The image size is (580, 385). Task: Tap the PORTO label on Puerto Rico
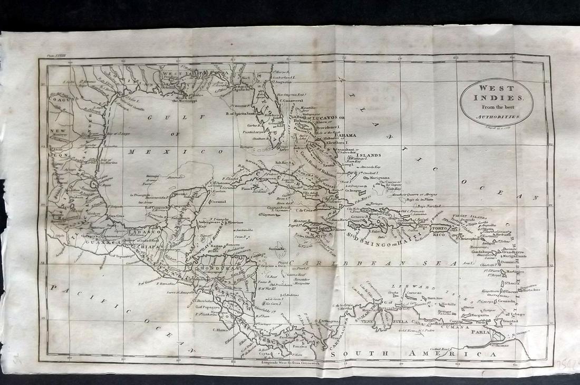tap(440, 228)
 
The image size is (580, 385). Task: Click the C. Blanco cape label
tap(220, 331)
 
